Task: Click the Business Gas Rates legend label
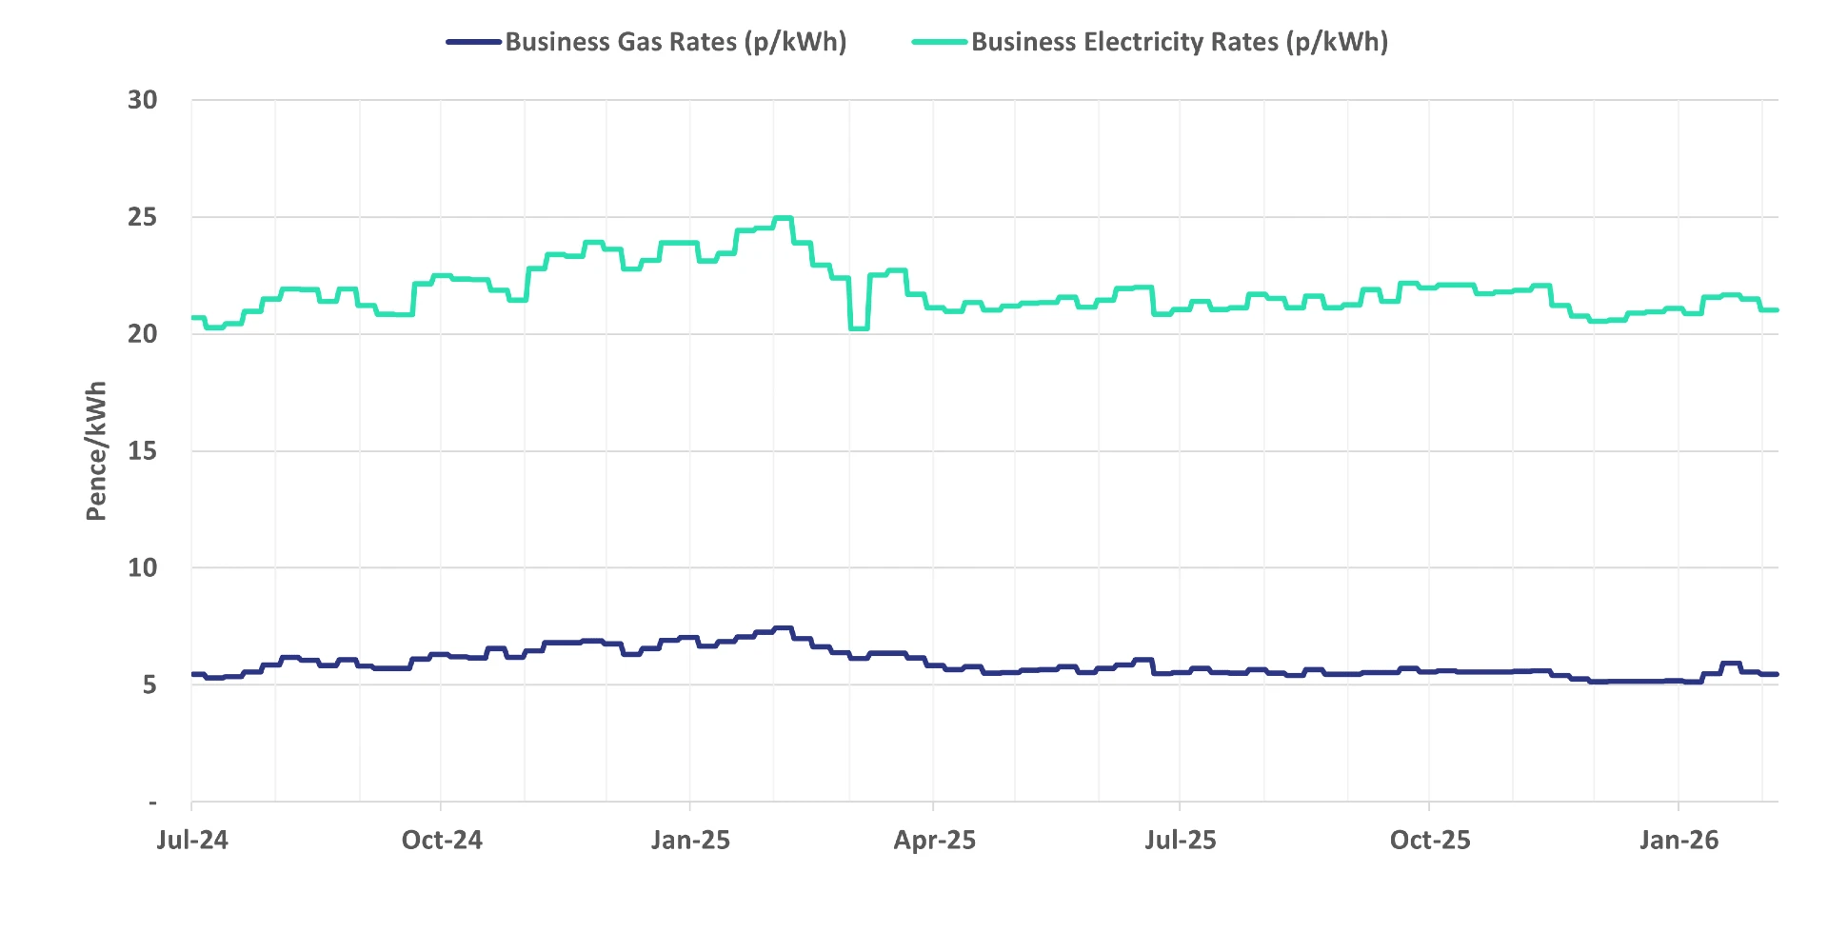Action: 675,42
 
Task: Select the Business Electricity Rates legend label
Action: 1179,42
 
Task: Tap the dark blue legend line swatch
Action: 474,42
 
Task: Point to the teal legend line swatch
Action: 940,42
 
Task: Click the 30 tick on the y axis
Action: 143,100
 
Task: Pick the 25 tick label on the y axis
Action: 143,217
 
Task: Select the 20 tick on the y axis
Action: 143,334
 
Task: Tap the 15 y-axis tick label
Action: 143,451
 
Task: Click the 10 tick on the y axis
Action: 143,568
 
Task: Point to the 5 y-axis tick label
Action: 149,685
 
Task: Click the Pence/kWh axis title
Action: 96,451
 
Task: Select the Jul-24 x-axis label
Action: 192,841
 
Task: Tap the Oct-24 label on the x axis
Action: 442,841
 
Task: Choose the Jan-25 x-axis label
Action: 690,841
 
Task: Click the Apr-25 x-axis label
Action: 934,841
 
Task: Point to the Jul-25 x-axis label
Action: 1181,841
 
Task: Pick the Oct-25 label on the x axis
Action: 1430,841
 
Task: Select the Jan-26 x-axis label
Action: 1679,841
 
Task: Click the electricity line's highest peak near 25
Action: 783,218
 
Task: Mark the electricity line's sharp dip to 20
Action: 859,328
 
